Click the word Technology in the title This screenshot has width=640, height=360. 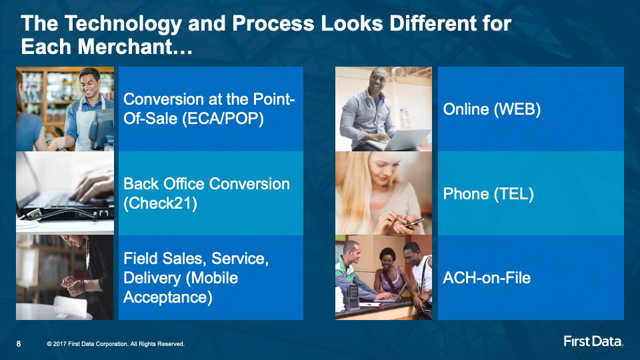[x=123, y=24]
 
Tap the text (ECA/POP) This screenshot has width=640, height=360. [x=223, y=119]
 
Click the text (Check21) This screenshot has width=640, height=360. [x=160, y=203]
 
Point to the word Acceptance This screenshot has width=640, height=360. [x=168, y=297]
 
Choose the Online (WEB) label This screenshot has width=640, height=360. [x=492, y=109]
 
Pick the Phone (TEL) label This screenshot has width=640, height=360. [x=488, y=194]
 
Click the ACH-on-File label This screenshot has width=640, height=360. [x=487, y=278]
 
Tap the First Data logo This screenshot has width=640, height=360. [x=593, y=341]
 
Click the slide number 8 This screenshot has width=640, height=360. [x=19, y=344]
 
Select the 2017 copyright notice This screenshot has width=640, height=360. [x=115, y=344]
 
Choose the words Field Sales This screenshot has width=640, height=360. [x=163, y=259]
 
